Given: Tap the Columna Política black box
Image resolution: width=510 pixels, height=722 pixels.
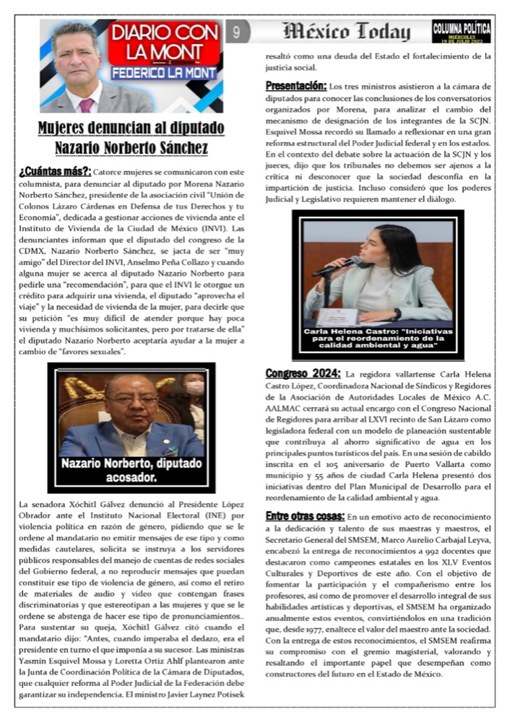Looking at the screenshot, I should (461, 31).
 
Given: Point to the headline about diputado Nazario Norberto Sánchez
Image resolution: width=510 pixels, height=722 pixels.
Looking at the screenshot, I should (131, 139).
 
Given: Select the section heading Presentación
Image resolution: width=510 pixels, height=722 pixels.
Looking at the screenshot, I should (296, 85).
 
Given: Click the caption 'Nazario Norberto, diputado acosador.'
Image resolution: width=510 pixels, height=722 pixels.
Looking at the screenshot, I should (131, 470).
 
